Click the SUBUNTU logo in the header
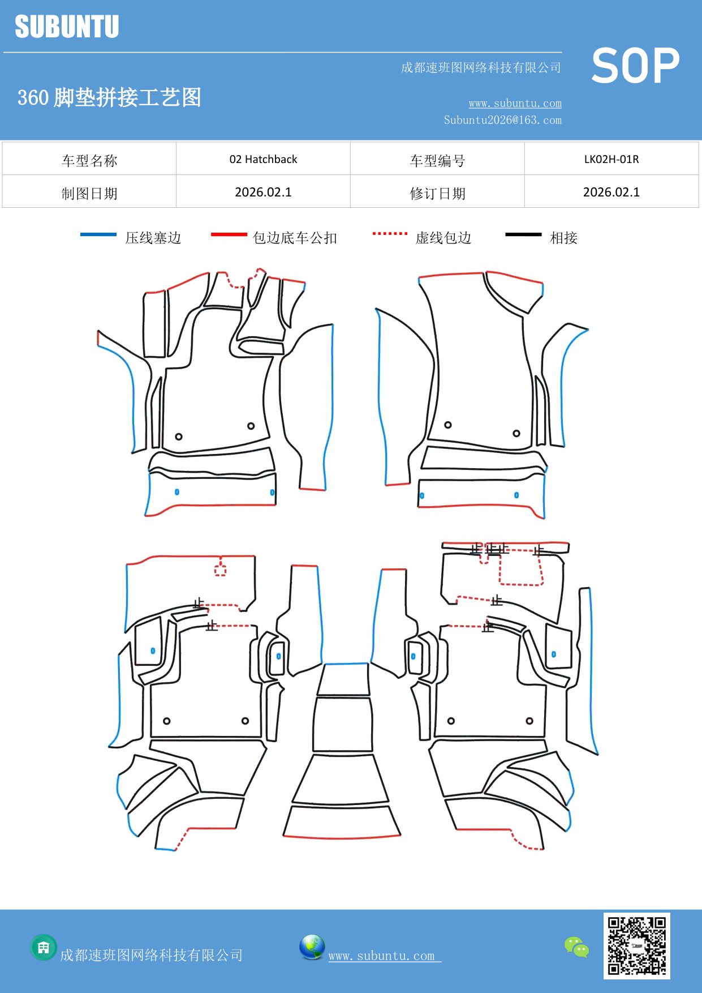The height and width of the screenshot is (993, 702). tap(67, 27)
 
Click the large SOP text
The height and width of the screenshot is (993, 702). tap(635, 66)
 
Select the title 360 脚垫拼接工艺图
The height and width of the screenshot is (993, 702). tap(109, 97)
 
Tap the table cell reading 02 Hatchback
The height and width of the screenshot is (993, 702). tap(263, 159)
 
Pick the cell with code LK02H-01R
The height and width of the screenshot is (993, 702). tap(611, 159)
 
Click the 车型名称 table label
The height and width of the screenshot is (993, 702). tap(89, 160)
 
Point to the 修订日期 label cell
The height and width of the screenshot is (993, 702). tap(437, 193)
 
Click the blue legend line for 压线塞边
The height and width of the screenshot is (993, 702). tap(98, 234)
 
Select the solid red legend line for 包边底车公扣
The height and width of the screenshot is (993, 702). tap(229, 234)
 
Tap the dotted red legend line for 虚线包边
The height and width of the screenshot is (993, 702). tap(390, 233)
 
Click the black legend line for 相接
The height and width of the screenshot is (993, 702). tap(523, 234)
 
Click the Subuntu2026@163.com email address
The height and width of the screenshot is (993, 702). tap(502, 120)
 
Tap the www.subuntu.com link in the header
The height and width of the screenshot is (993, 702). tap(515, 103)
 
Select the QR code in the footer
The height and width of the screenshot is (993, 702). tap(636, 945)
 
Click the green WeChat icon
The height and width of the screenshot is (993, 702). tap(576, 947)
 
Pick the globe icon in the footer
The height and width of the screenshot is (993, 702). tap(312, 947)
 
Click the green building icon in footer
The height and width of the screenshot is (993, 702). tap(44, 947)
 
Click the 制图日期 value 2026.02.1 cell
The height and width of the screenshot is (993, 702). tap(263, 192)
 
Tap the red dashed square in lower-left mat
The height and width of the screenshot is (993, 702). tap(220, 570)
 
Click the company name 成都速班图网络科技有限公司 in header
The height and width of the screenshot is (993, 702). tap(481, 68)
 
